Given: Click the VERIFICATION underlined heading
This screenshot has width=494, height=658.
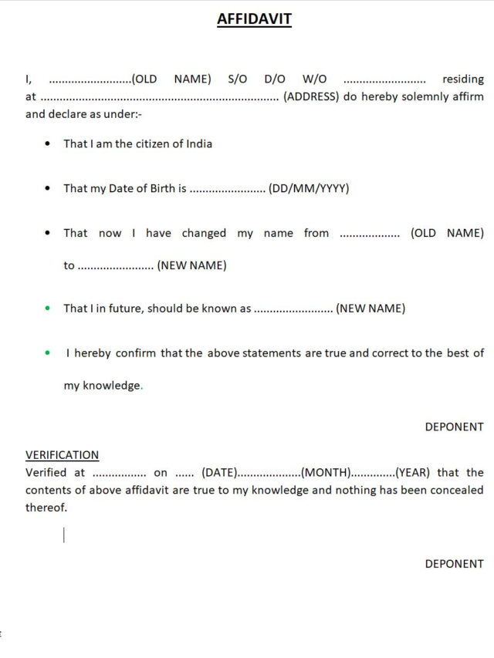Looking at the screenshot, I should pos(62,455).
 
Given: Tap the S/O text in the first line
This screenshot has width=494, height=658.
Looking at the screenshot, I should pos(238,79).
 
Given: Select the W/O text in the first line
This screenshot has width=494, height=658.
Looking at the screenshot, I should pos(314,79).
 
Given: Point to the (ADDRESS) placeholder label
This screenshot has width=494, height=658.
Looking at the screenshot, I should pos(311,97).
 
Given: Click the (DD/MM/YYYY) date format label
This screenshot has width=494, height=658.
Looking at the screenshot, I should pos(309,188).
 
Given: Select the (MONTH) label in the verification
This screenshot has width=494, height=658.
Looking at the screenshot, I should pos(327,473).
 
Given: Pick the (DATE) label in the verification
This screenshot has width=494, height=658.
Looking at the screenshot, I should pos(218,473).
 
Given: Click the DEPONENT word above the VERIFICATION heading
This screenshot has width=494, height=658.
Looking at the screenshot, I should pos(454,427).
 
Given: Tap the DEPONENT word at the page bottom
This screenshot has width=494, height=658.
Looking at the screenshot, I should pos(454,564).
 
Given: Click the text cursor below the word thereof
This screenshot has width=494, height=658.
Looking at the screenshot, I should pos(64,535).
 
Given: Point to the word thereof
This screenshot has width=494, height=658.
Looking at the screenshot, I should pos(46,508).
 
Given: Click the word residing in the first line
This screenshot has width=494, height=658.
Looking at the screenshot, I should pos(462,79).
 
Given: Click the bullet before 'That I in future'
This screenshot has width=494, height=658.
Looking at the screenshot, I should pos(48,309).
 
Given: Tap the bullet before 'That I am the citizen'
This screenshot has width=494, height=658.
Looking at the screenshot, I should pos(48,144).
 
